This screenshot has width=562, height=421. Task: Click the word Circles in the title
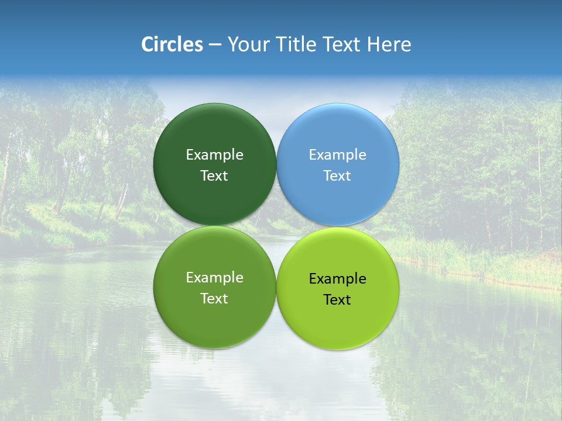172,44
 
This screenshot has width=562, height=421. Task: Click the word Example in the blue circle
338,155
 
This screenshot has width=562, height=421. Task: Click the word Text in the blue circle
337,176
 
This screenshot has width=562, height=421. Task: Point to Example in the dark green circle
214,155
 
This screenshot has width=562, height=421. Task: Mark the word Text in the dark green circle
214,176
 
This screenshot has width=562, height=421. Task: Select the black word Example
338,279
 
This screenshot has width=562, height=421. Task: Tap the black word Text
337,300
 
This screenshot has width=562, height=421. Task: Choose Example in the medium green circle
214,278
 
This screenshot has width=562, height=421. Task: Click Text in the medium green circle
214,299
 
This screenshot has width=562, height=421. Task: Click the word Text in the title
342,44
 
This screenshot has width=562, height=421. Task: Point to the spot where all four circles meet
276,226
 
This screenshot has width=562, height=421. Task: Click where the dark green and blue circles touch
276,164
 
